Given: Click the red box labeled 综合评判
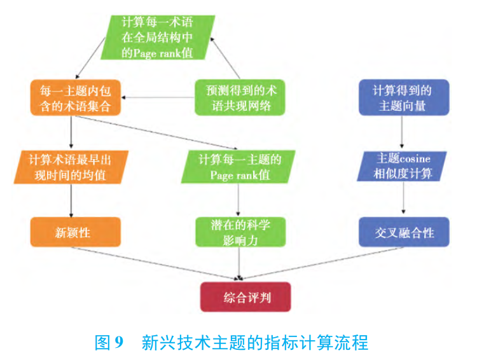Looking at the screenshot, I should click(245, 297).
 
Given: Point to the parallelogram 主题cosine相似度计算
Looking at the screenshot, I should click(404, 165).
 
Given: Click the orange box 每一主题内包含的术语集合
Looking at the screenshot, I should click(74, 97).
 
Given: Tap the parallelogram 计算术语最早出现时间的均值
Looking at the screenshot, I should click(74, 165).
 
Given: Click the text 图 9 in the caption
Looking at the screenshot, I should click(108, 343).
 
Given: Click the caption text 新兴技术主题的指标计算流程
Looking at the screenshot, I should click(254, 343).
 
